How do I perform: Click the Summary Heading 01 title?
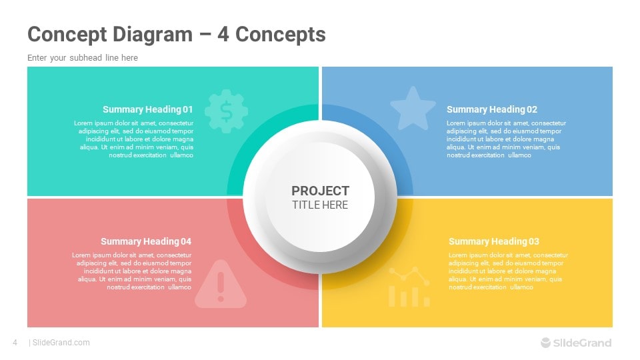click(147, 109)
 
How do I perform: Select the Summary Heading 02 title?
click(491, 109)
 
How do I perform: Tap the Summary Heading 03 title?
click(493, 241)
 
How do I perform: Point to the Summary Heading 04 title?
click(145, 241)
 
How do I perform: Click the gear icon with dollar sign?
click(226, 111)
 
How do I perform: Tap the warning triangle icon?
click(220, 285)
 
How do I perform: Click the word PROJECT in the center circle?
click(320, 191)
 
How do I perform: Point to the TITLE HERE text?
click(320, 205)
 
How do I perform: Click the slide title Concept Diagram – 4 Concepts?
click(176, 35)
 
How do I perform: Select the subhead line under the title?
click(83, 58)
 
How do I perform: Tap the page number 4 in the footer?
click(15, 343)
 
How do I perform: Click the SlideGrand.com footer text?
click(61, 343)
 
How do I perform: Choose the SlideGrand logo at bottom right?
click(575, 343)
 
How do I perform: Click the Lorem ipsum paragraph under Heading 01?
click(133, 139)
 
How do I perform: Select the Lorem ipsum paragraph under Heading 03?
click(507, 271)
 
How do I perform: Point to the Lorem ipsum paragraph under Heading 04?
click(132, 271)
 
